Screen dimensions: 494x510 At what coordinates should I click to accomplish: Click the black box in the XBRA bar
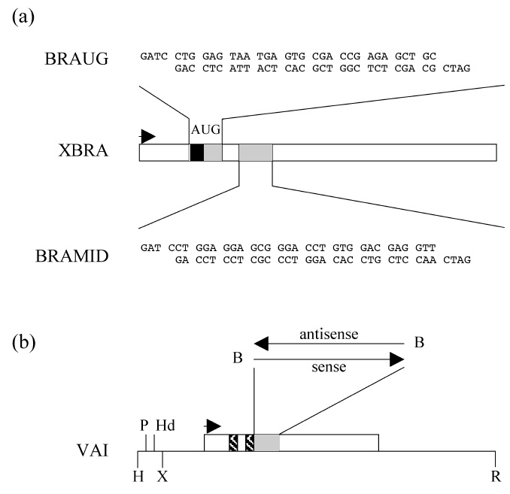coord(197,152)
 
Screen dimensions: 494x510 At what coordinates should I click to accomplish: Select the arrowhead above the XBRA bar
coord(148,136)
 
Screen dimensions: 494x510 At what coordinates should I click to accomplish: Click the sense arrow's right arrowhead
coord(396,359)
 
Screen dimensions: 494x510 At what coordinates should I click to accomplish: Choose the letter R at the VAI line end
coord(494,475)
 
